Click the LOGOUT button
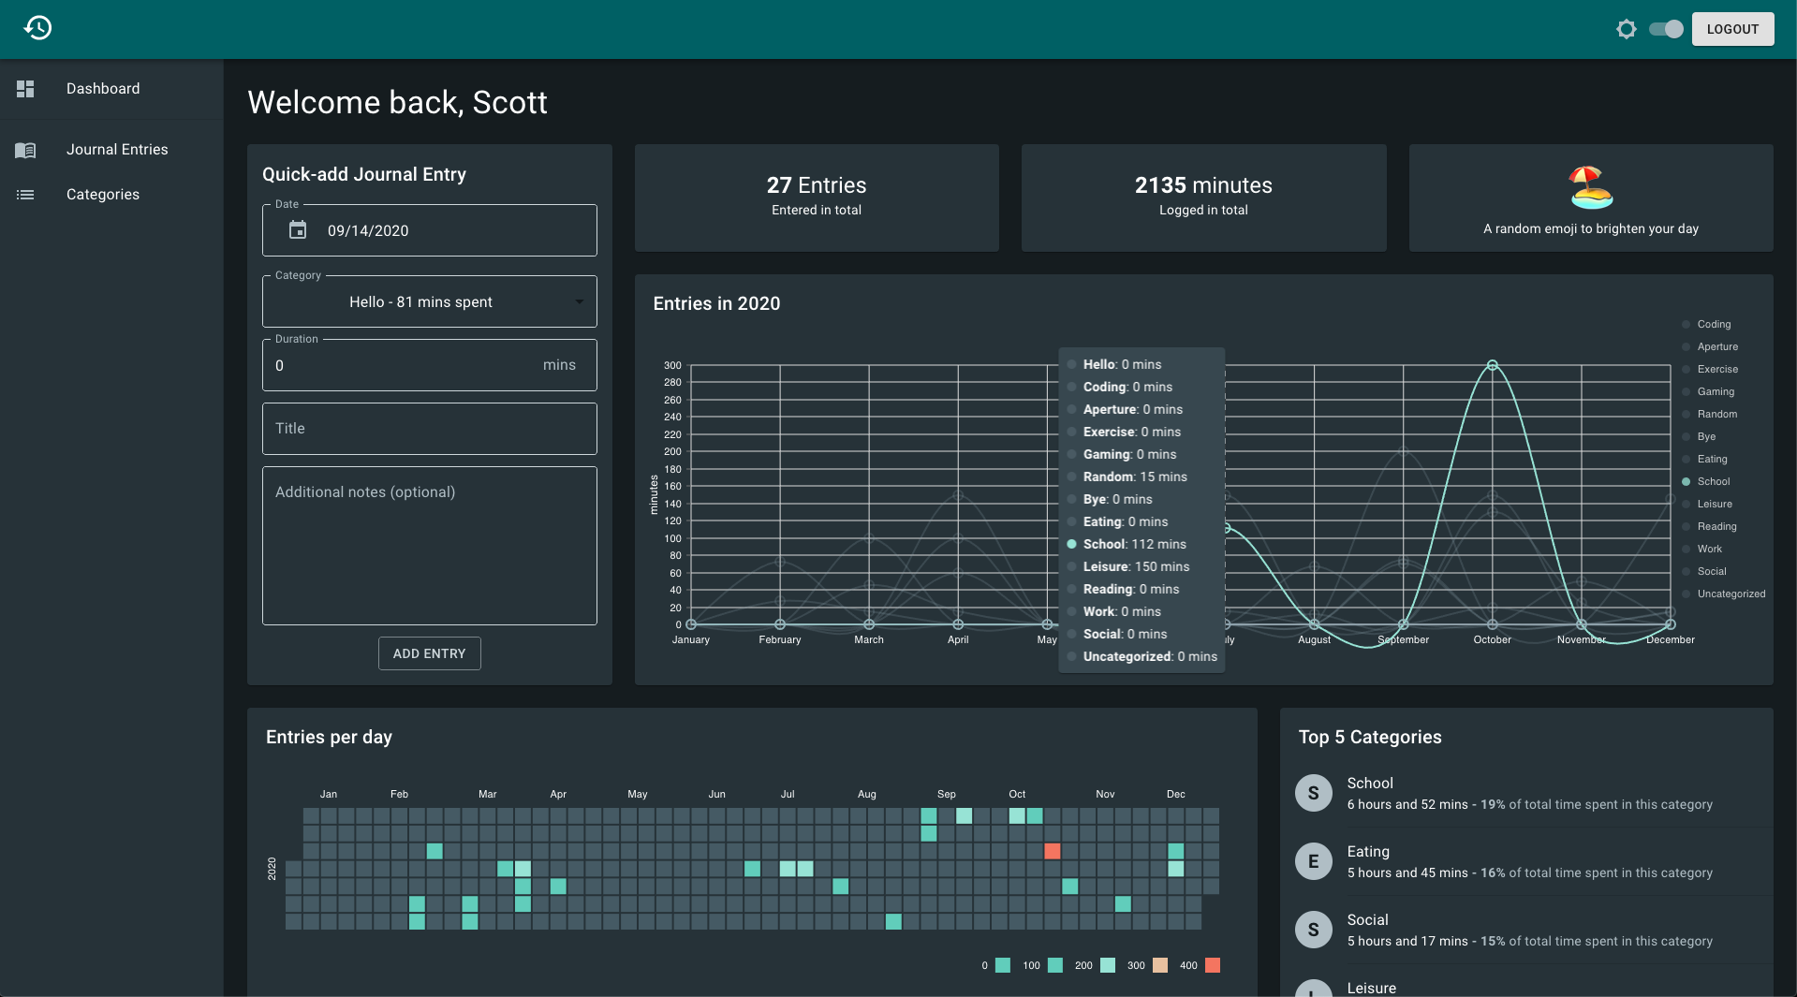(1732, 29)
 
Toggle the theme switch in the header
(1666, 29)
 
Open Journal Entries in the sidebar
(117, 150)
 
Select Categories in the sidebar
(103, 195)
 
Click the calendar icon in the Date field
(298, 230)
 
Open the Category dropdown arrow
(580, 301)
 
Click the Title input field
(430, 429)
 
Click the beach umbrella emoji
(1591, 187)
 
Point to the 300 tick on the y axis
(672, 365)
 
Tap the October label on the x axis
(1493, 640)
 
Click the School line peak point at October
(1493, 365)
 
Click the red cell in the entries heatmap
(1053, 851)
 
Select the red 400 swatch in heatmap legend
(1213, 965)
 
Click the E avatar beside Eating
(1314, 861)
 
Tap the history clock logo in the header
(37, 28)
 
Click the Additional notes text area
(430, 546)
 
